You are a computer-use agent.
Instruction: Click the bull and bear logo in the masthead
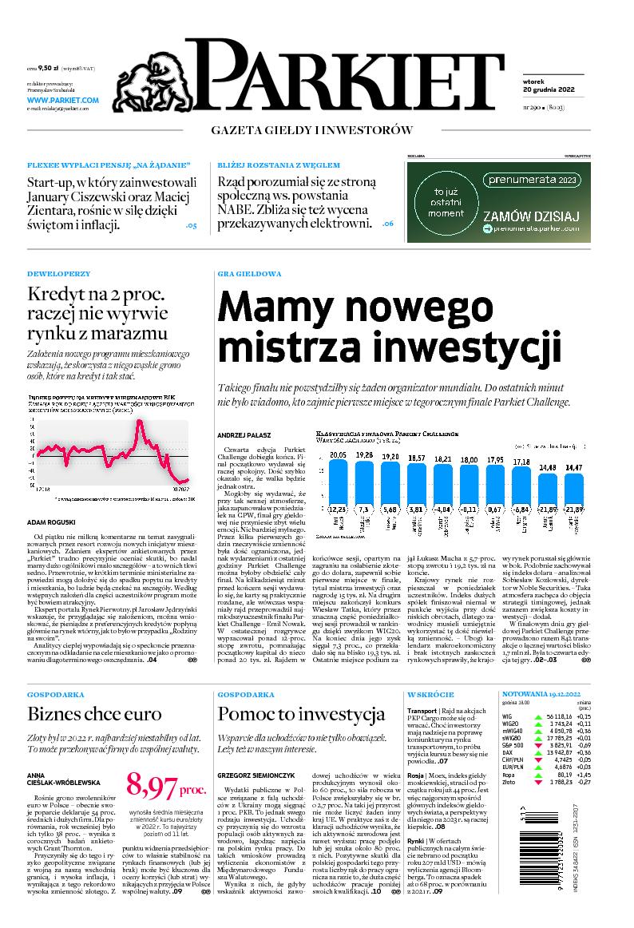click(160, 76)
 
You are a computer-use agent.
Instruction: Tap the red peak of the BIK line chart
click(141, 421)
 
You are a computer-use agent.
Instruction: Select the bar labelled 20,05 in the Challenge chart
click(338, 479)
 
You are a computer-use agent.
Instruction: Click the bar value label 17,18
click(521, 462)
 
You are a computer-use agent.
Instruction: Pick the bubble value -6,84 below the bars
click(521, 509)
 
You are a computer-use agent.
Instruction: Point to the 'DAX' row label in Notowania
click(507, 752)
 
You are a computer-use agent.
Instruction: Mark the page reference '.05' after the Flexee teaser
click(190, 226)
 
